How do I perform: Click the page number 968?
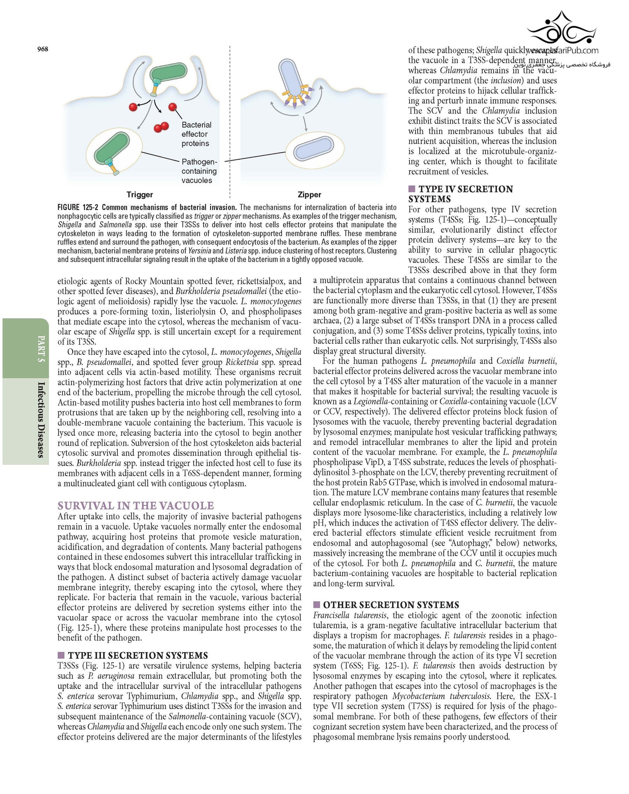43,49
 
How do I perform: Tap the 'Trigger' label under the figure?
139,194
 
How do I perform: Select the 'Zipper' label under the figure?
309,194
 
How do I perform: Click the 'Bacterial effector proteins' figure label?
196,134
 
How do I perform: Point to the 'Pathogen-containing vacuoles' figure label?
199,171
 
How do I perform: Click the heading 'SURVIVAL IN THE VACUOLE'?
136,505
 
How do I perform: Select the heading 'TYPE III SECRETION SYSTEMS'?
138,655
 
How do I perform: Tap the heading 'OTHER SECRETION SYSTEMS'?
391,605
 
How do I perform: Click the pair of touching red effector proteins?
161,127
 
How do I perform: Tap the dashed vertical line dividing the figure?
230,122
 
